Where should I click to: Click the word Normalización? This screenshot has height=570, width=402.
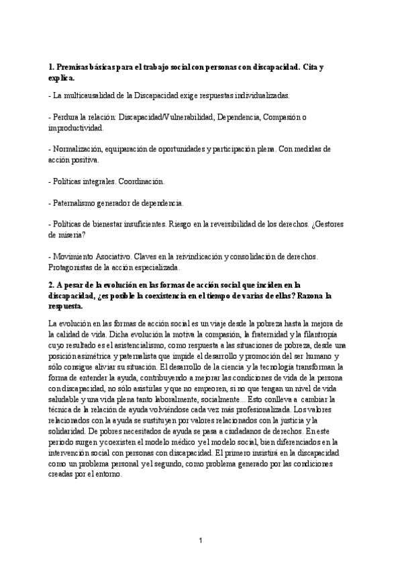click(82, 149)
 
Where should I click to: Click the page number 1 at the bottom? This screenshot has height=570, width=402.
click(201, 540)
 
